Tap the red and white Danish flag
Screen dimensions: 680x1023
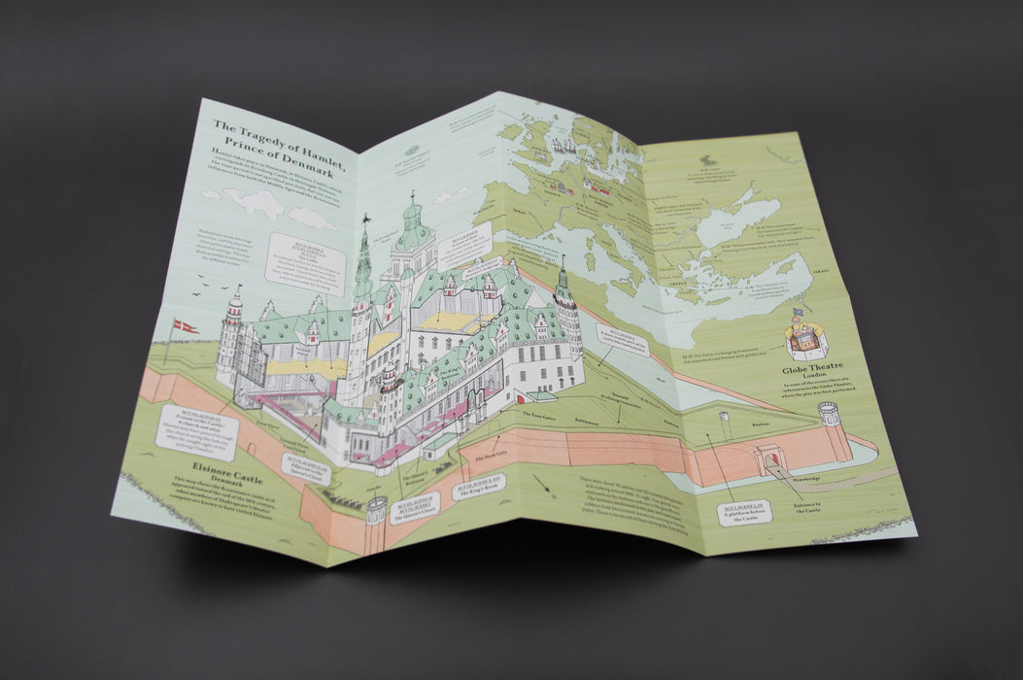[185, 326]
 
